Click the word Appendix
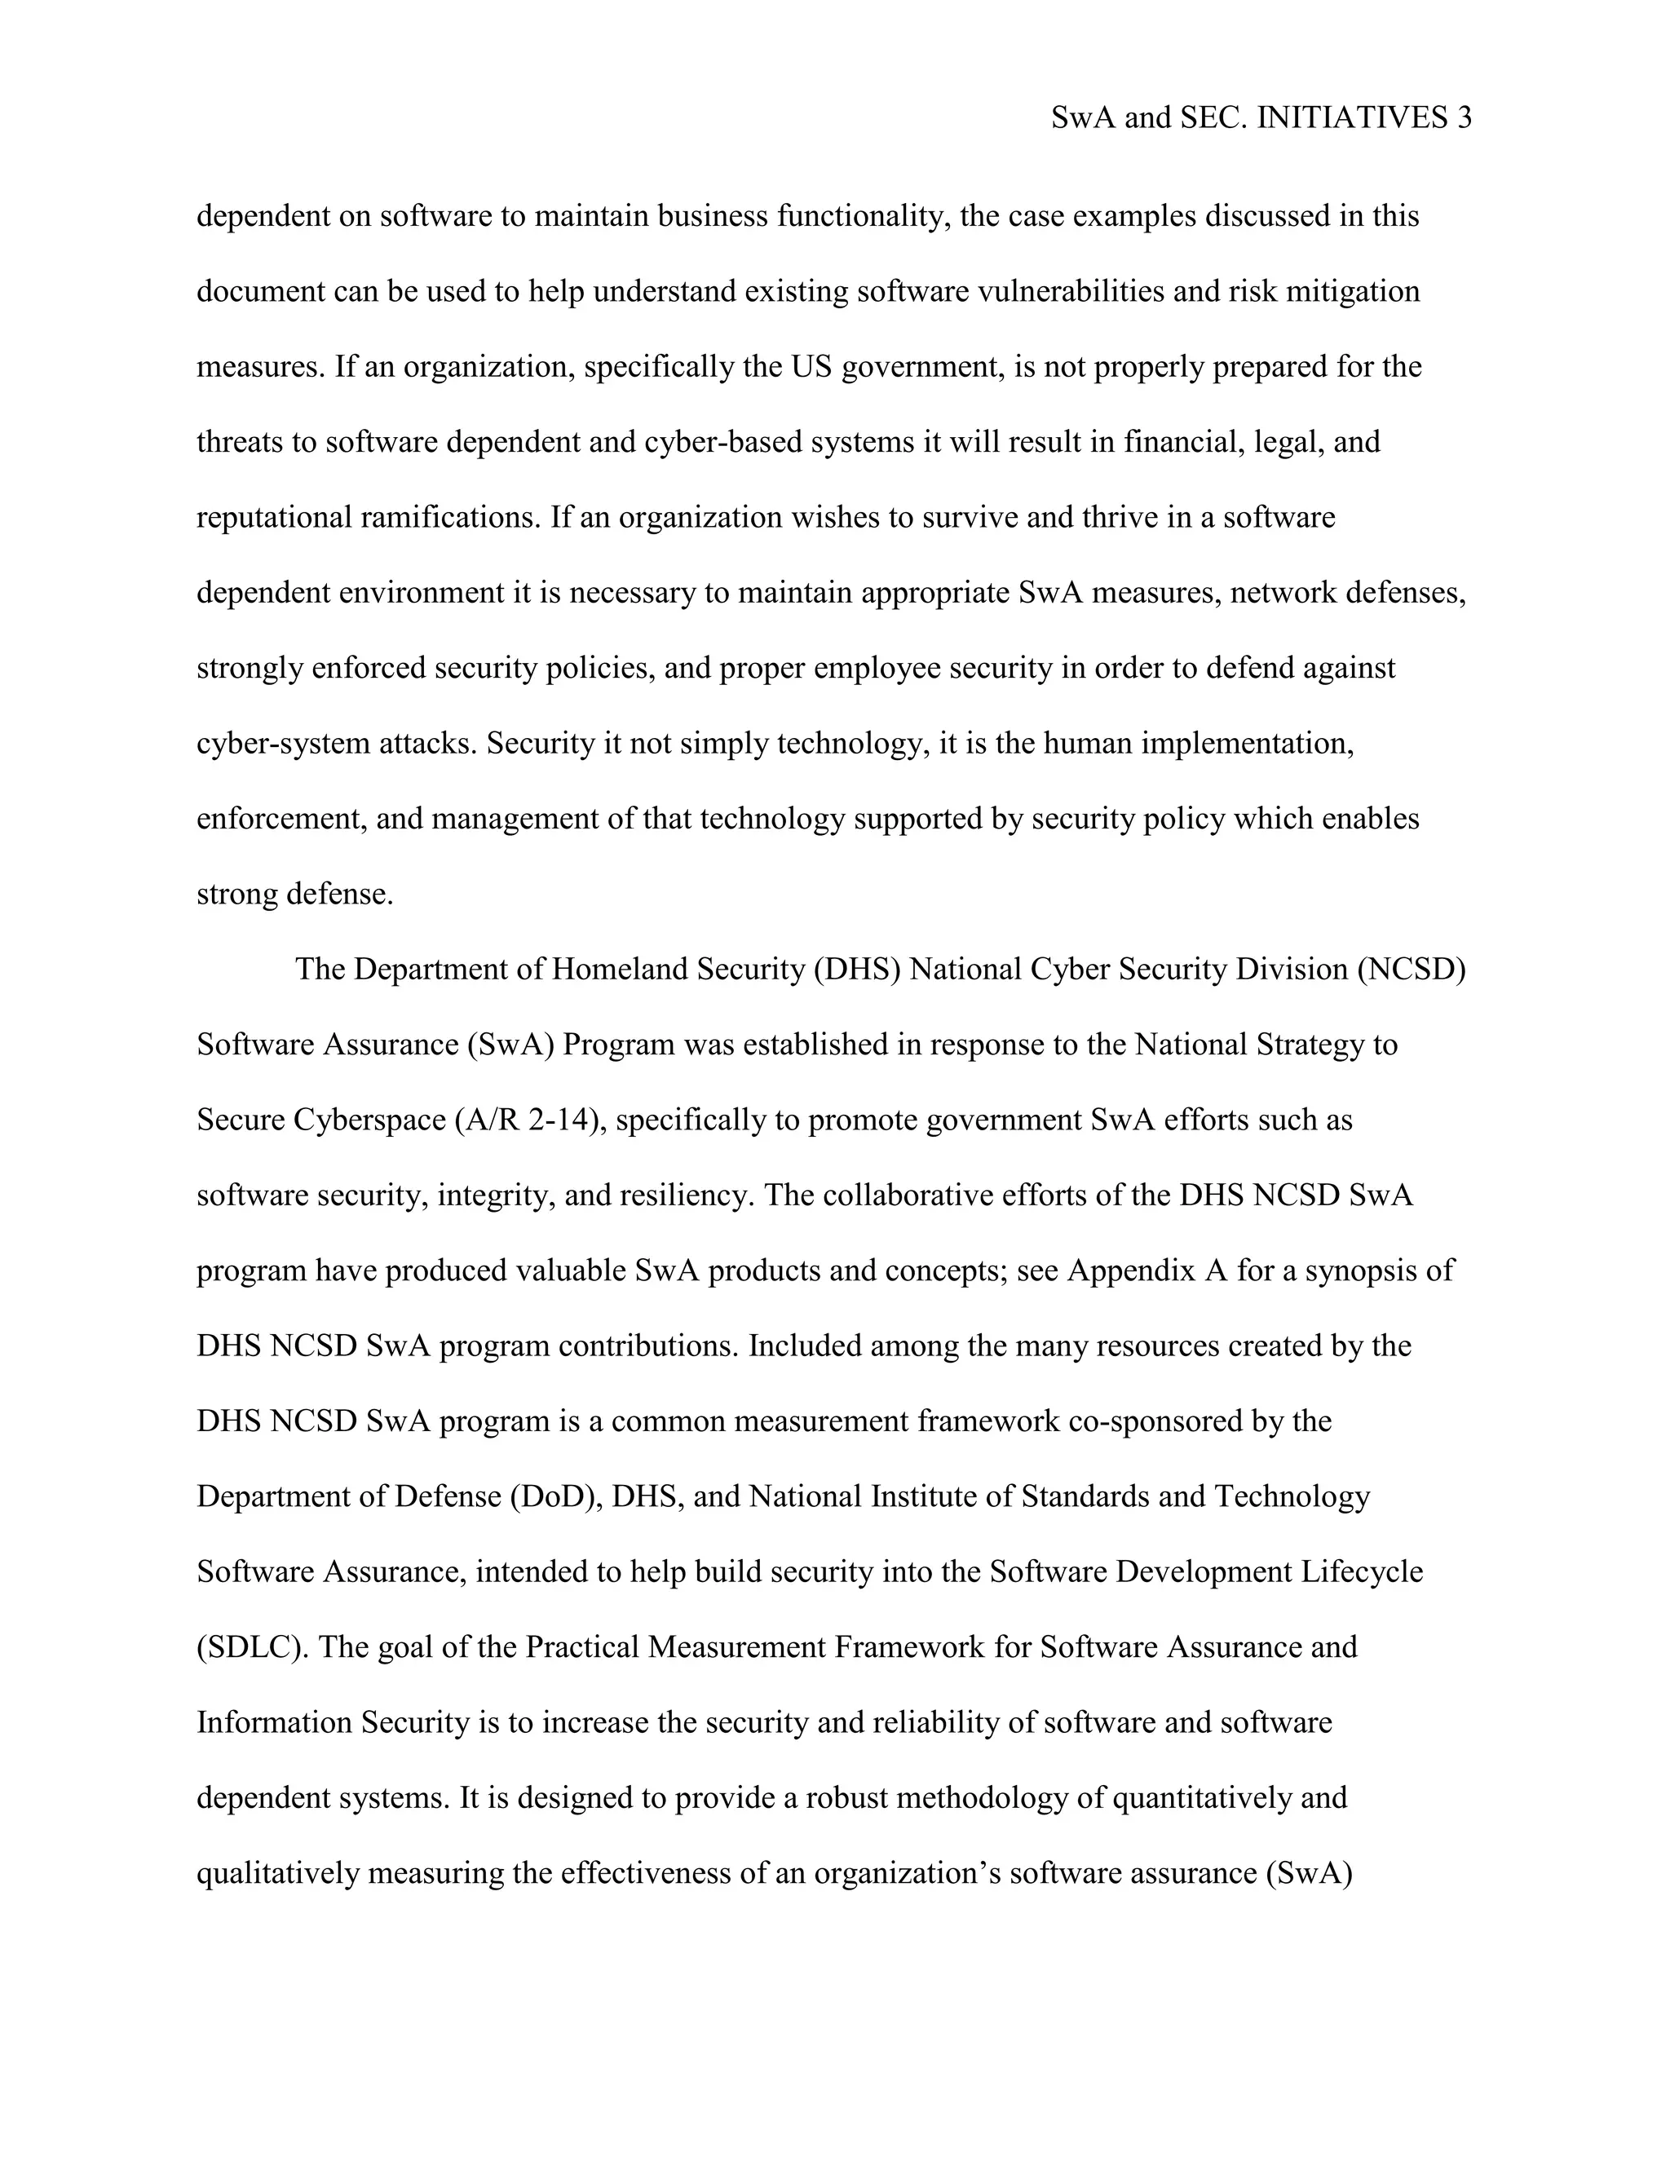[x=1132, y=1271]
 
